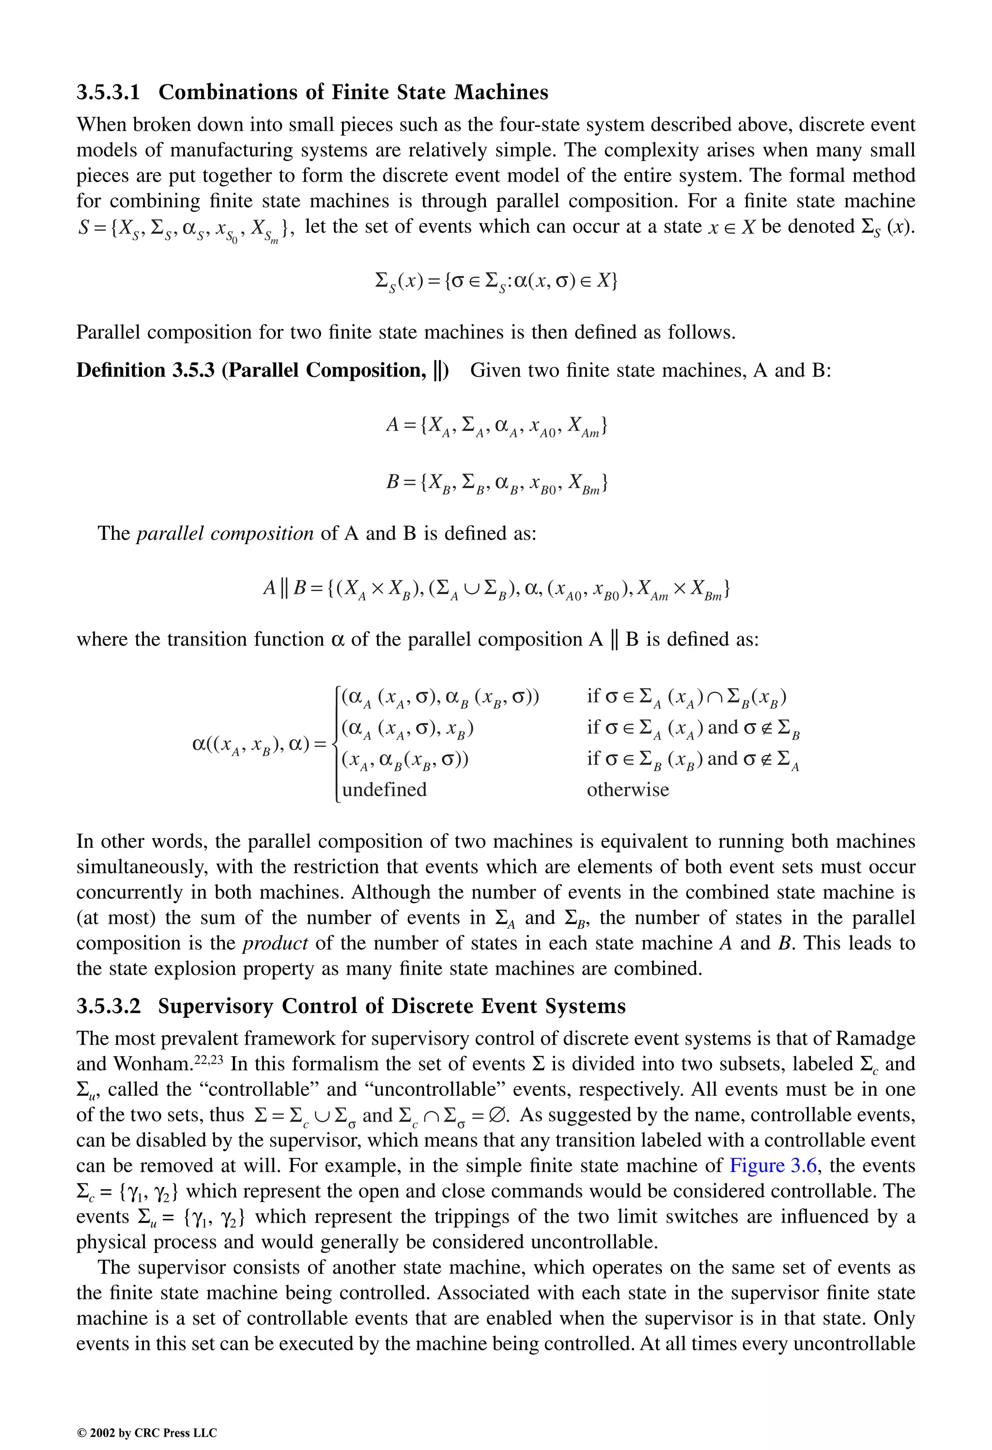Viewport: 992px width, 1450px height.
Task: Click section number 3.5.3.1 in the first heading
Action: tap(108, 93)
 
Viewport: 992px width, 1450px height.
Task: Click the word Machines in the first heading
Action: tap(500, 93)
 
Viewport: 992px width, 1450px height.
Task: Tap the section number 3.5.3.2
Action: tap(108, 1006)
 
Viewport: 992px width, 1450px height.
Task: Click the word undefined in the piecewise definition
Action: tap(384, 790)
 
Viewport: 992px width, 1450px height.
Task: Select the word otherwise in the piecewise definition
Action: tap(628, 790)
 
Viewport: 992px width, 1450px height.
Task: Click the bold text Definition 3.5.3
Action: tap(145, 371)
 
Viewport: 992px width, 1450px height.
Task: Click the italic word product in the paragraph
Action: tap(275, 943)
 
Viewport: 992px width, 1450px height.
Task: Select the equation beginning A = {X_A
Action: tap(496, 427)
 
